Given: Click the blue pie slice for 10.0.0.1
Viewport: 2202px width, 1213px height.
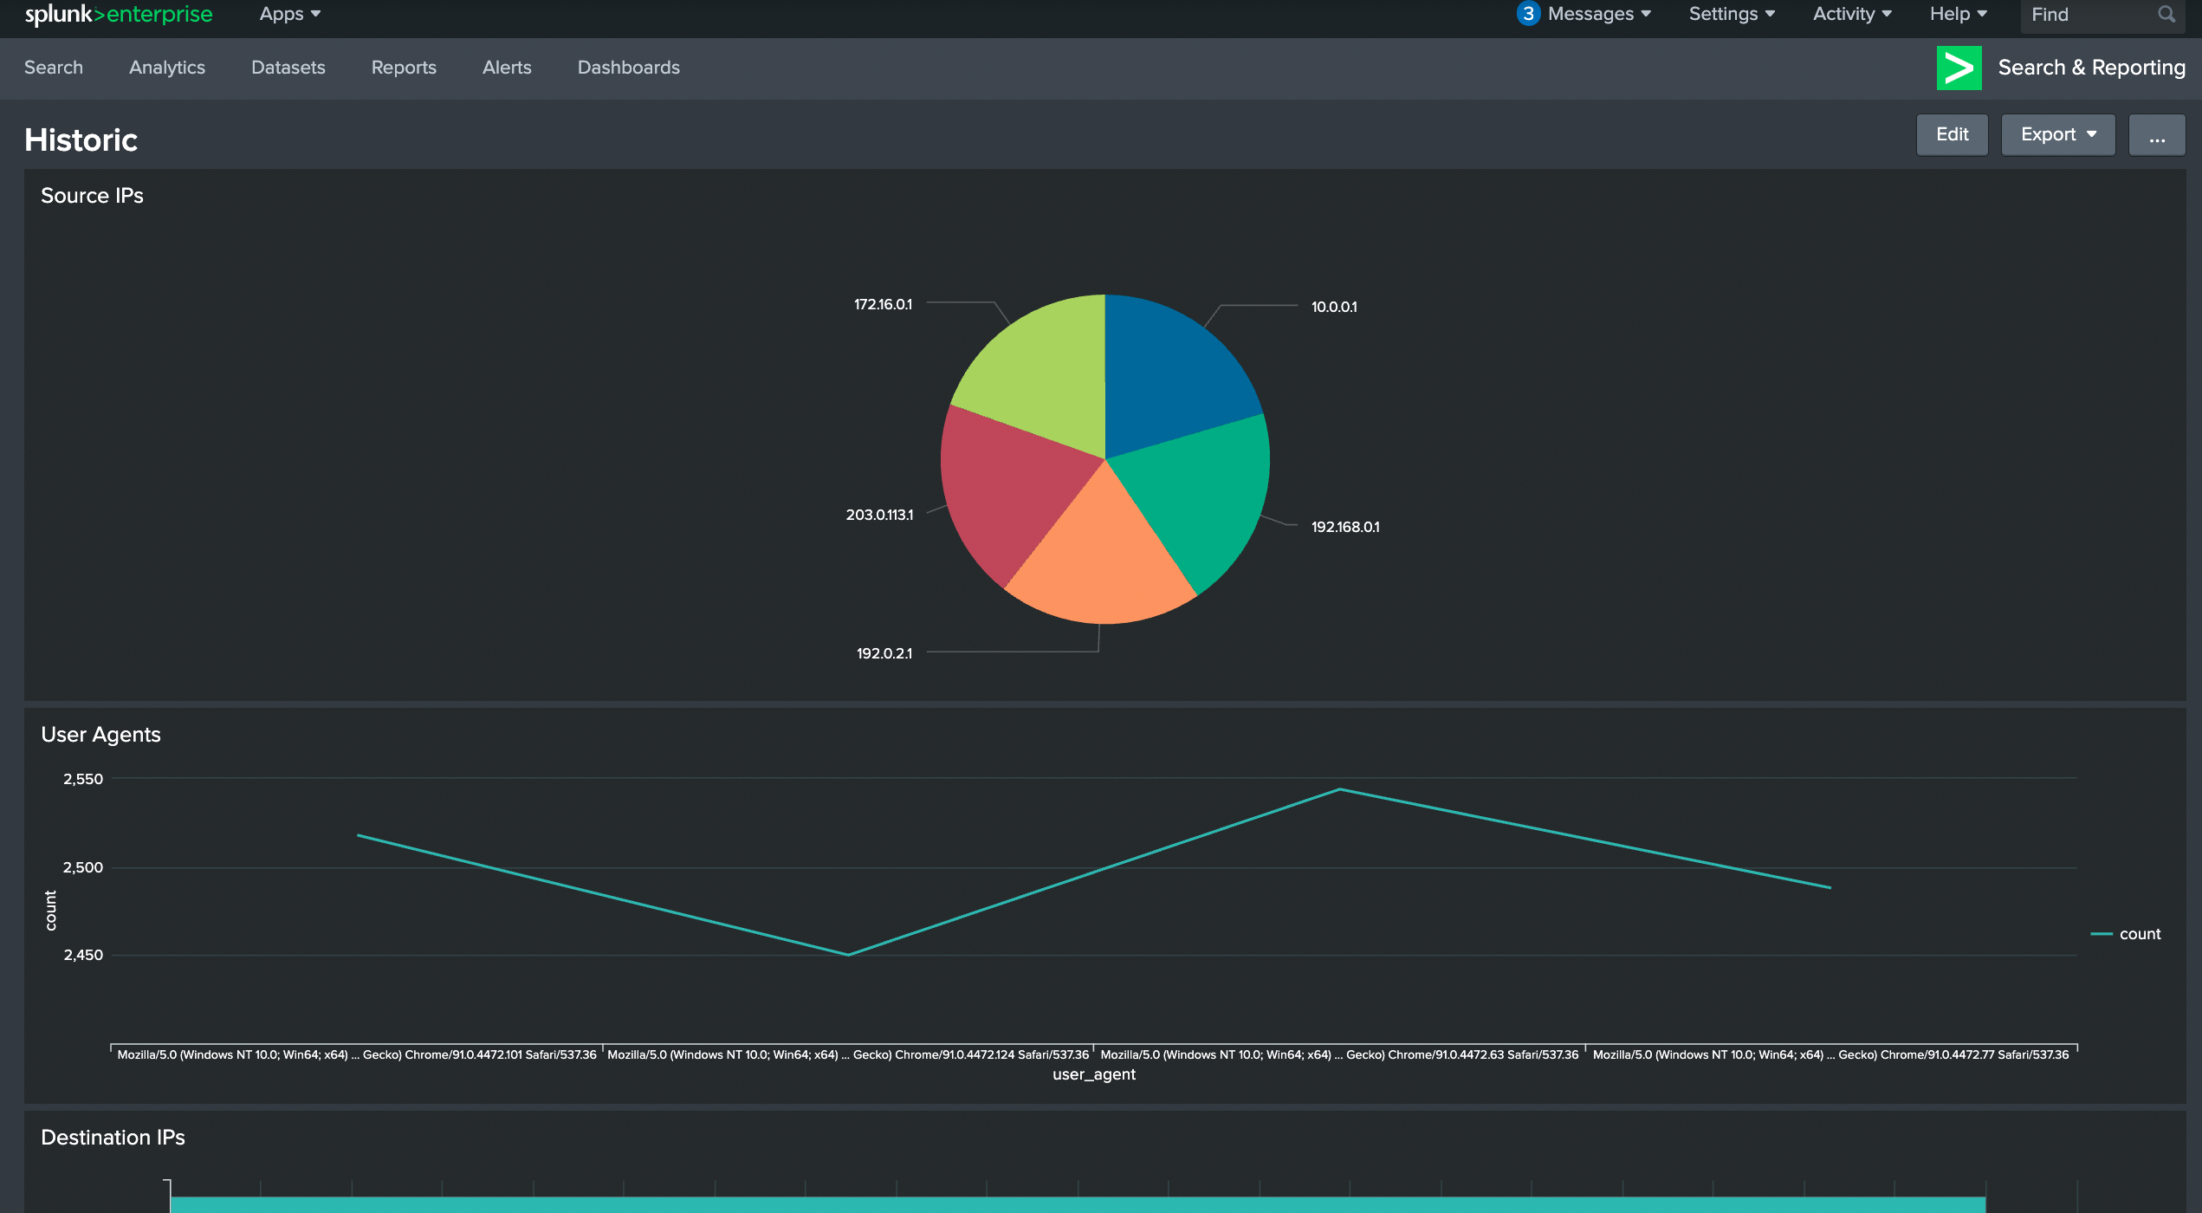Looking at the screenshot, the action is (x=1174, y=373).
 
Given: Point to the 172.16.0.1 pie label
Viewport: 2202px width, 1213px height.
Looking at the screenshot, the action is (x=883, y=304).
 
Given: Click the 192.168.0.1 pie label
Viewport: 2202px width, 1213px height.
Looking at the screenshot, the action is (x=1345, y=527).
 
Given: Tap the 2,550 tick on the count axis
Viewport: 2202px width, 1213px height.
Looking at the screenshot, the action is (x=83, y=779).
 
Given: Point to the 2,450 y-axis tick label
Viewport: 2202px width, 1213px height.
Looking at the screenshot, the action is (x=83, y=955).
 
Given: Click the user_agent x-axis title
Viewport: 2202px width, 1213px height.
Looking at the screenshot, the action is (x=1094, y=1074).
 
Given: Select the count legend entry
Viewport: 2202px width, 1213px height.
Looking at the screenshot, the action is (x=2127, y=934).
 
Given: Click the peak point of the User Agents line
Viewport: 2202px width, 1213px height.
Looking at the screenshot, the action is (x=1339, y=789).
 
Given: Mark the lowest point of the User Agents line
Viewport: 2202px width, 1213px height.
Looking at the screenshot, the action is (x=848, y=955).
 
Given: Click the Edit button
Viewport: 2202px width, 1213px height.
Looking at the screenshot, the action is (x=1952, y=134).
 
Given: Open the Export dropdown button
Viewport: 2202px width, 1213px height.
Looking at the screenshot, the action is (x=2058, y=134).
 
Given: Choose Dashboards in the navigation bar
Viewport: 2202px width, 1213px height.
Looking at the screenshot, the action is (x=629, y=68).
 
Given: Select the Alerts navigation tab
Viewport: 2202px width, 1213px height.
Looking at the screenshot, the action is (x=507, y=68).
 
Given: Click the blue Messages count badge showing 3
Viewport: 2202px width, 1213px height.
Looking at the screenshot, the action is (x=1528, y=14).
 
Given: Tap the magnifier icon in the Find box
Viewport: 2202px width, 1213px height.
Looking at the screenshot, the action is (x=2166, y=14).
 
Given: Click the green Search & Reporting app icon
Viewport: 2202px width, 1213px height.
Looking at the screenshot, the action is (x=1959, y=68).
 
